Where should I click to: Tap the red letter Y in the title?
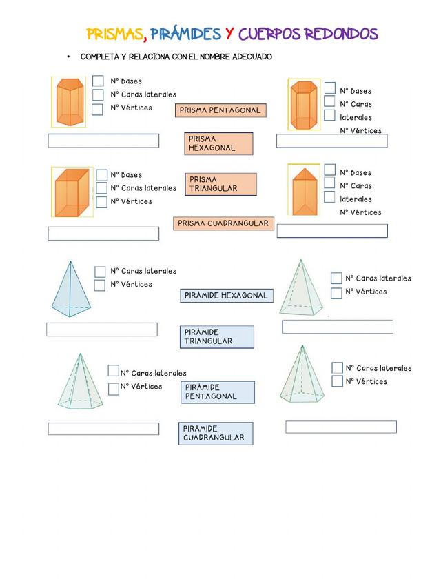pyautogui.click(x=229, y=34)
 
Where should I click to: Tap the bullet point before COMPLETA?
pyautogui.click(x=69, y=57)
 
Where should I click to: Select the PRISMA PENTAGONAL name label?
pyautogui.click(x=220, y=110)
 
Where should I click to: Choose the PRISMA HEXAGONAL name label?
pyautogui.click(x=218, y=143)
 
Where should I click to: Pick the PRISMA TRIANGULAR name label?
pyautogui.click(x=220, y=184)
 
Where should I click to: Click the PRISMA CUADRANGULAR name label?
pyautogui.click(x=223, y=223)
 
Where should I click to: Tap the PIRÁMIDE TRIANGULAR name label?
pyautogui.click(x=216, y=337)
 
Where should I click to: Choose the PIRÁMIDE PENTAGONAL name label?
pyautogui.click(x=218, y=392)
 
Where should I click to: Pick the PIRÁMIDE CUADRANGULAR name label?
pyautogui.click(x=215, y=434)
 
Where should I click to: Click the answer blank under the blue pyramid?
pyautogui.click(x=101, y=330)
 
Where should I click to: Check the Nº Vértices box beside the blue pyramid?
pyautogui.click(x=100, y=285)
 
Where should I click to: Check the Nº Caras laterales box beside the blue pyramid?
pyautogui.click(x=100, y=272)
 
